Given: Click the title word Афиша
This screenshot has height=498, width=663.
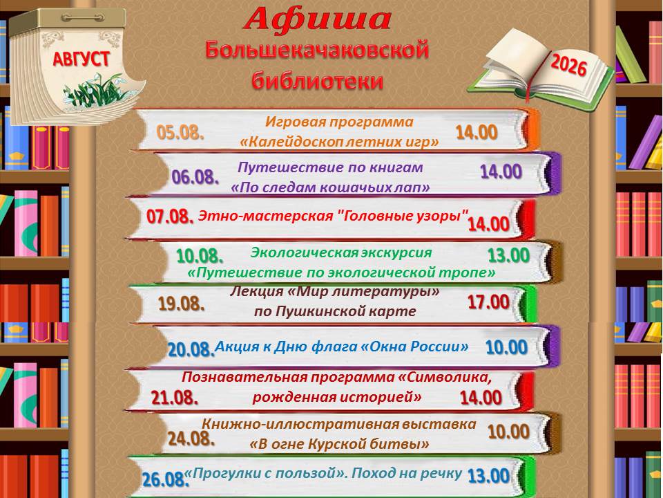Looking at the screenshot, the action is click(317, 19).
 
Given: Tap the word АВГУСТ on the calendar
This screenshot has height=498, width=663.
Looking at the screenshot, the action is click(81, 59).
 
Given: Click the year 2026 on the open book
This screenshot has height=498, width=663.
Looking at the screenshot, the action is click(569, 66).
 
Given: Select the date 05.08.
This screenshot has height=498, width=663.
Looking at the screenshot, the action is click(180, 133).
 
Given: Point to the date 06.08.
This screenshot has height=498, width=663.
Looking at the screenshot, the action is click(195, 176).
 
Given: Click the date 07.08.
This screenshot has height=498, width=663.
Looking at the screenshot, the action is click(170, 216).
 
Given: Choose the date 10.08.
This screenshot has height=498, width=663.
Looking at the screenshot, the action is click(200, 256).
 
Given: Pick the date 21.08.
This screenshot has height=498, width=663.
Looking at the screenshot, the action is click(175, 398).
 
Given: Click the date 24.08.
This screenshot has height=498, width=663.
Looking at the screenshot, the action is click(191, 439).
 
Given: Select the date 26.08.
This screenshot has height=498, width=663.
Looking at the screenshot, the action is click(165, 479).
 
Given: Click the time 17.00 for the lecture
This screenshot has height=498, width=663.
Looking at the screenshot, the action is click(488, 302).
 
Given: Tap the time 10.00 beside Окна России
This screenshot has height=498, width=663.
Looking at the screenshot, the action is click(506, 347).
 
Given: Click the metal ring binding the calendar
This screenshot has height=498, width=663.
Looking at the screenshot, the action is click(82, 18).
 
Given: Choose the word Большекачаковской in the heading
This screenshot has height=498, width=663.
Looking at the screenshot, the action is click(317, 50).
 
